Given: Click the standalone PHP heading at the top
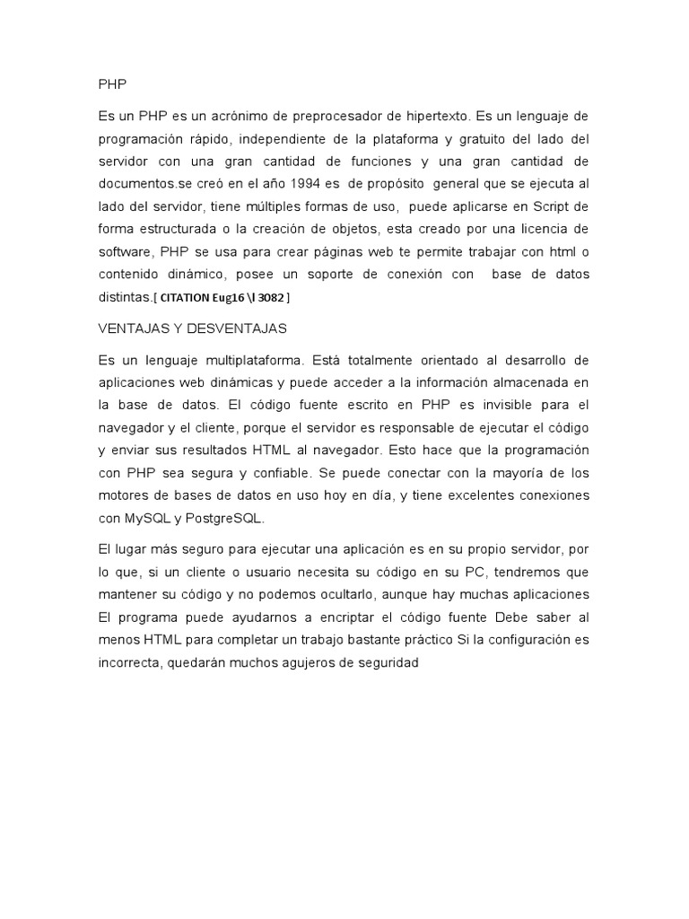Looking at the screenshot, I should click(112, 83).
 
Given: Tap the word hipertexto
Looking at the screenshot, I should click(433, 117).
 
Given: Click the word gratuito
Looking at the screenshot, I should click(478, 139).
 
